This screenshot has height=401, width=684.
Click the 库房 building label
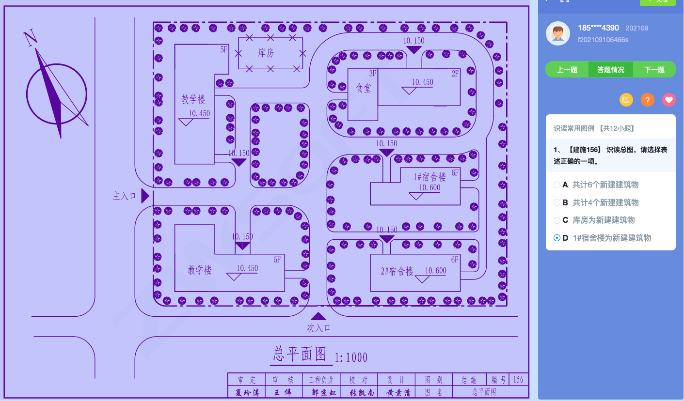pyautogui.click(x=266, y=53)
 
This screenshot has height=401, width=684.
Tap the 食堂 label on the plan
pyautogui.click(x=363, y=88)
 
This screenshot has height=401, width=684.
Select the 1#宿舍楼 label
pyautogui.click(x=429, y=177)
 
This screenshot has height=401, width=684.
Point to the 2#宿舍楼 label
pyautogui.click(x=397, y=271)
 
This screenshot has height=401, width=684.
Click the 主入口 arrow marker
pyautogui.click(x=144, y=196)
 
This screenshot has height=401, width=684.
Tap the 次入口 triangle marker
pyautogui.click(x=318, y=316)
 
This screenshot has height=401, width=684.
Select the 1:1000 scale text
pyautogui.click(x=351, y=358)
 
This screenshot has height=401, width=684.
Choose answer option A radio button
pyautogui.click(x=557, y=185)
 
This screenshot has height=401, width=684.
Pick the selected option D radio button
pyautogui.click(x=557, y=238)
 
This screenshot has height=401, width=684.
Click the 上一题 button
pyautogui.click(x=567, y=70)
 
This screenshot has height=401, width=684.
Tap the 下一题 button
pyautogui.click(x=654, y=70)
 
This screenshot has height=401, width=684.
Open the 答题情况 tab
pyautogui.click(x=610, y=70)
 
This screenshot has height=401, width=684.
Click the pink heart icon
pyautogui.click(x=669, y=100)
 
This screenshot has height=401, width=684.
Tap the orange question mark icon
pyautogui.click(x=648, y=100)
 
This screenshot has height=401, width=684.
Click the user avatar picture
pyautogui.click(x=558, y=33)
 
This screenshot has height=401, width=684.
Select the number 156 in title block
pyautogui.click(x=518, y=380)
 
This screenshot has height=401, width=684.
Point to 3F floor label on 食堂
pyautogui.click(x=372, y=74)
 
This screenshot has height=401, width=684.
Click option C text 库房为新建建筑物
pyautogui.click(x=604, y=220)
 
